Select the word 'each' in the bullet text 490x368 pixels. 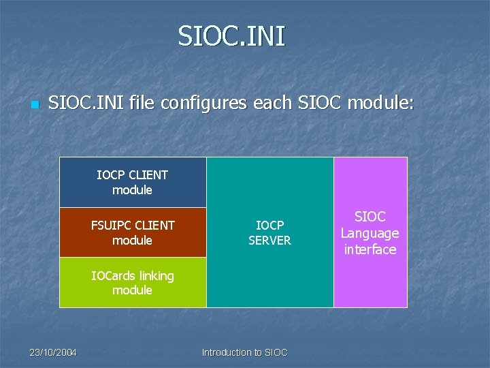click(x=274, y=104)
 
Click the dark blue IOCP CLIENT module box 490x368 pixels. click(x=133, y=182)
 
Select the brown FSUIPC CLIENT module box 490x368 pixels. click(x=133, y=232)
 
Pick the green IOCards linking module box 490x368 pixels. click(x=133, y=283)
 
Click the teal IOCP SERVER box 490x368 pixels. click(x=269, y=232)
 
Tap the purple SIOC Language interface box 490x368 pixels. click(x=370, y=232)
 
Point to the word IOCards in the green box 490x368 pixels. click(x=114, y=276)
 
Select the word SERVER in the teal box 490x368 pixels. click(x=269, y=241)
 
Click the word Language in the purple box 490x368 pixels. click(x=370, y=233)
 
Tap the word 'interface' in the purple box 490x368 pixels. click(x=370, y=249)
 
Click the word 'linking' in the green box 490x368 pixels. click(x=157, y=276)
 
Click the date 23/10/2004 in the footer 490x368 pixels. click(x=53, y=352)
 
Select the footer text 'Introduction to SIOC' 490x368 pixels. click(x=245, y=352)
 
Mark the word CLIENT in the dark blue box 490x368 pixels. click(x=148, y=174)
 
